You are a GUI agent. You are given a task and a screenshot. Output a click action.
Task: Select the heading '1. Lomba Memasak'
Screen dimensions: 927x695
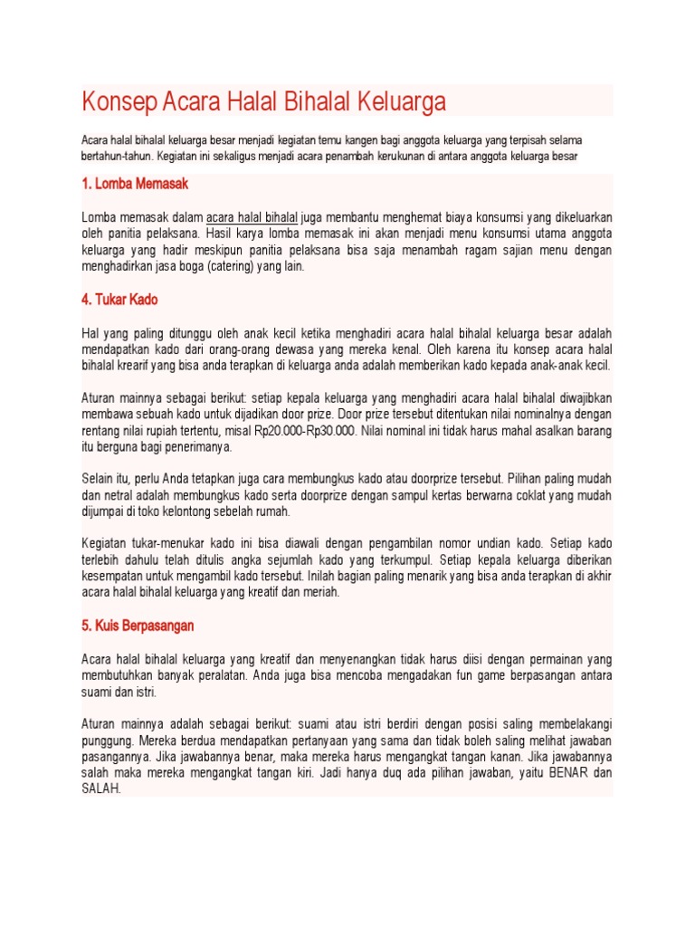tap(135, 185)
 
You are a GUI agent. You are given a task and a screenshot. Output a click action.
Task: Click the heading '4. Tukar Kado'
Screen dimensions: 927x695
tap(119, 300)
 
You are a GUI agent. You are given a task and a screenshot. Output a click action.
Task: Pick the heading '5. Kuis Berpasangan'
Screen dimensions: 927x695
tap(138, 626)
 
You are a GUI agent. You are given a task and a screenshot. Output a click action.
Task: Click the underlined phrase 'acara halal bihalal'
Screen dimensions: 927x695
tap(252, 217)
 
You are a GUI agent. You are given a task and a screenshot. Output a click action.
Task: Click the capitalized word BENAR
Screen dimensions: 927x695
tap(566, 773)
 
